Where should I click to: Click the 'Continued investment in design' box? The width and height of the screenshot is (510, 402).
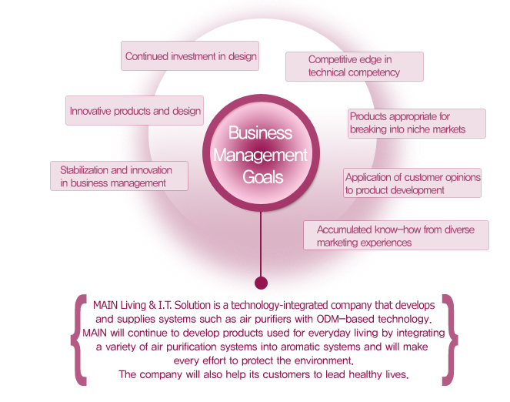[190, 56]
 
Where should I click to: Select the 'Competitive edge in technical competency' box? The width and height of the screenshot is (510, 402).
[354, 66]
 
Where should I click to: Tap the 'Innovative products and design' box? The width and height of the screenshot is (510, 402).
[135, 111]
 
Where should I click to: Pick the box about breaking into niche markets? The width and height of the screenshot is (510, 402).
[416, 123]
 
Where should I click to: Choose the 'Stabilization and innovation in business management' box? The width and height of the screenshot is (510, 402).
[118, 176]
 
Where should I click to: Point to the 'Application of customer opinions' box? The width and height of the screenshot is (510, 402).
[412, 183]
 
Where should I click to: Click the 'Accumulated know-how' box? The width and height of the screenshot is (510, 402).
[395, 236]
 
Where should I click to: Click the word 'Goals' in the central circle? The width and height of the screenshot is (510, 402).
[262, 177]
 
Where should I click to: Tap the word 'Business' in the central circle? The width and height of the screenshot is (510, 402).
[261, 133]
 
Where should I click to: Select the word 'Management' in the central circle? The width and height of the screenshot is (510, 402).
[261, 155]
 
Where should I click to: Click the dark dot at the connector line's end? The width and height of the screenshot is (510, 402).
[261, 283]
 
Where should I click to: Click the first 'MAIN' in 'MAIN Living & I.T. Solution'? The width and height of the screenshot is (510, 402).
[105, 304]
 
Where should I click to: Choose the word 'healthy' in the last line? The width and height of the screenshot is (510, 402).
[353, 375]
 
